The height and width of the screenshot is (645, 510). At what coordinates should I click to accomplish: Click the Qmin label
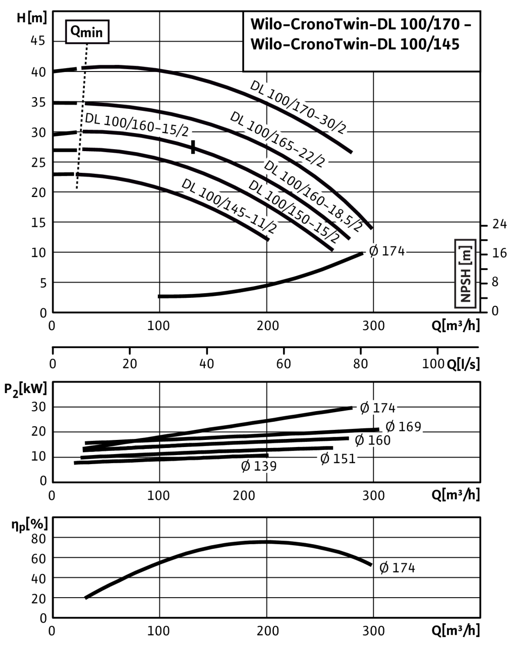click(87, 33)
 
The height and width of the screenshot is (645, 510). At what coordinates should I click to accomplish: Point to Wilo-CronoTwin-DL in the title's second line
click(323, 44)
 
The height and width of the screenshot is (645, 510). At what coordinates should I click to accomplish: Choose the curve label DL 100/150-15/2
click(293, 212)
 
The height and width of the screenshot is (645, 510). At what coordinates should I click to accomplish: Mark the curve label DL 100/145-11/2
click(229, 206)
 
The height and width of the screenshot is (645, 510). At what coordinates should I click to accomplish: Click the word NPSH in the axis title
click(465, 286)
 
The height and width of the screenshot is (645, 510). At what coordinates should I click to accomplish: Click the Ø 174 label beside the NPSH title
click(386, 251)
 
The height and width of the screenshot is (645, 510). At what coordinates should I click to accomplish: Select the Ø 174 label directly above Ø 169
click(377, 408)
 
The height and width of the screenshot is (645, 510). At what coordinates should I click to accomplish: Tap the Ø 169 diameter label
click(402, 427)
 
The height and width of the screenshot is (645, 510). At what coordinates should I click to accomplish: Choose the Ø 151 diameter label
click(338, 459)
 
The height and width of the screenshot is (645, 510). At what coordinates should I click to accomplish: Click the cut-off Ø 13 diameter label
click(255, 466)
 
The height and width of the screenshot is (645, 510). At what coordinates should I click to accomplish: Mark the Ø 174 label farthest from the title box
click(398, 568)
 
